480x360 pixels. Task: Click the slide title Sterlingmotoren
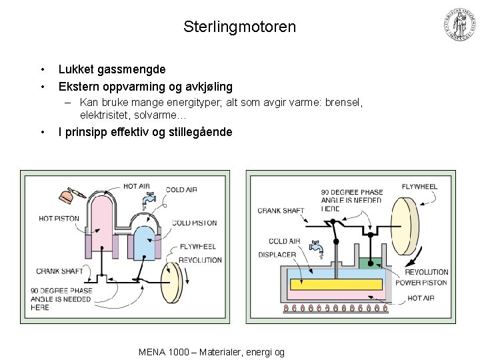click(240, 27)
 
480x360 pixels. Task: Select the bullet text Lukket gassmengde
click(112, 69)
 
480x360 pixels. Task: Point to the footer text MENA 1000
click(160, 352)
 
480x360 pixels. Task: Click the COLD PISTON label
click(194, 223)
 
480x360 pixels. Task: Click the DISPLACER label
click(277, 254)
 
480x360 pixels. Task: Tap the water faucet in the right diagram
click(319, 248)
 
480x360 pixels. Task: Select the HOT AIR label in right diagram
click(421, 298)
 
